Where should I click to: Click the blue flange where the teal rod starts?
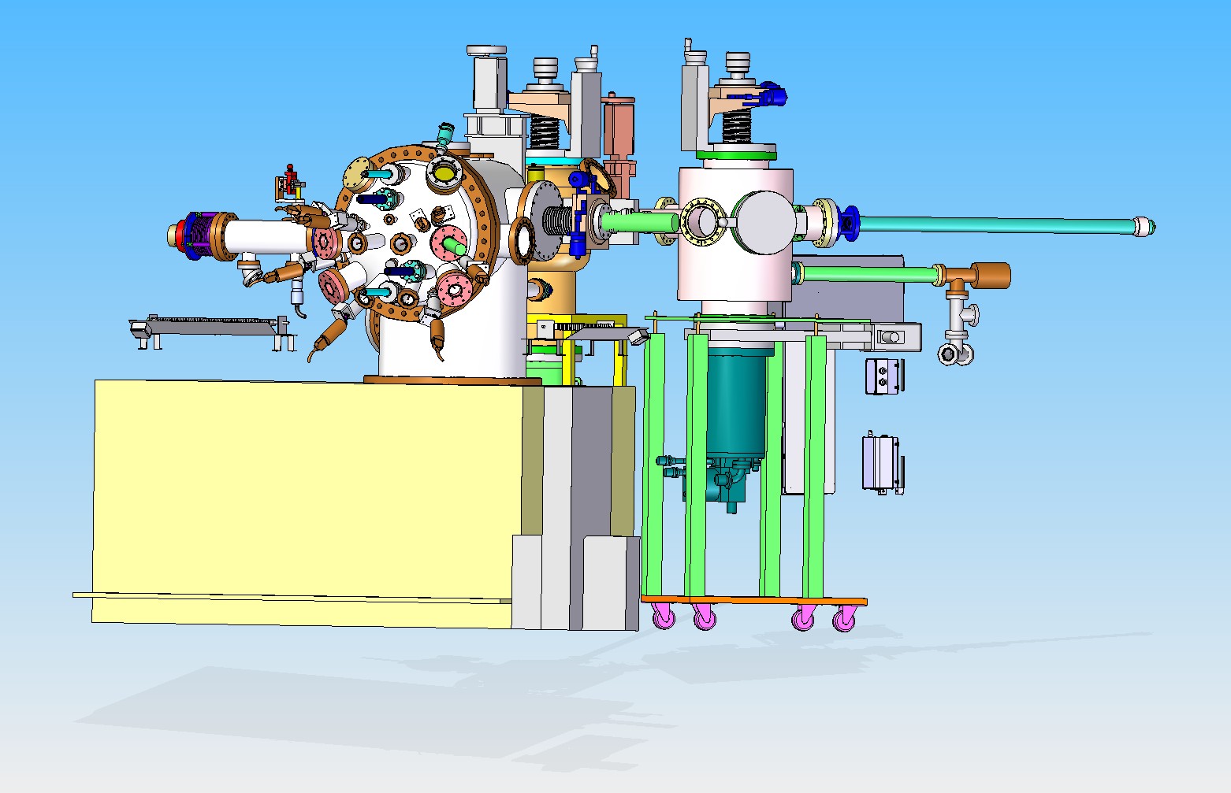[850, 223]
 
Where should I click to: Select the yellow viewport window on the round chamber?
[445, 172]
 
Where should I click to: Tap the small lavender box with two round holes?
[882, 375]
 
